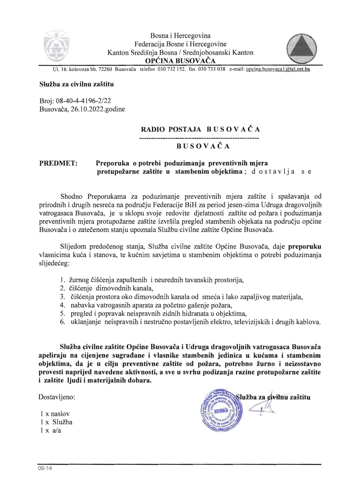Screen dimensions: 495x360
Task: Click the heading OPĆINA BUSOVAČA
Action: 180,61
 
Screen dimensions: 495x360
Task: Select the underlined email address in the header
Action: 278,69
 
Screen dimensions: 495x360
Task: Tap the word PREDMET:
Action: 58,163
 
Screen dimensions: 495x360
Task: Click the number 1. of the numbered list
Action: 62,280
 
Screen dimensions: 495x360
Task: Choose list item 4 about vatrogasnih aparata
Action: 151,305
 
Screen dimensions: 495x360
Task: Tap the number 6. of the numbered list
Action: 62,322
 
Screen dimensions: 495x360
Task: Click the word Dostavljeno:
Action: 57,397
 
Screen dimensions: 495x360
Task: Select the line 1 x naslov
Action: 55,414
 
